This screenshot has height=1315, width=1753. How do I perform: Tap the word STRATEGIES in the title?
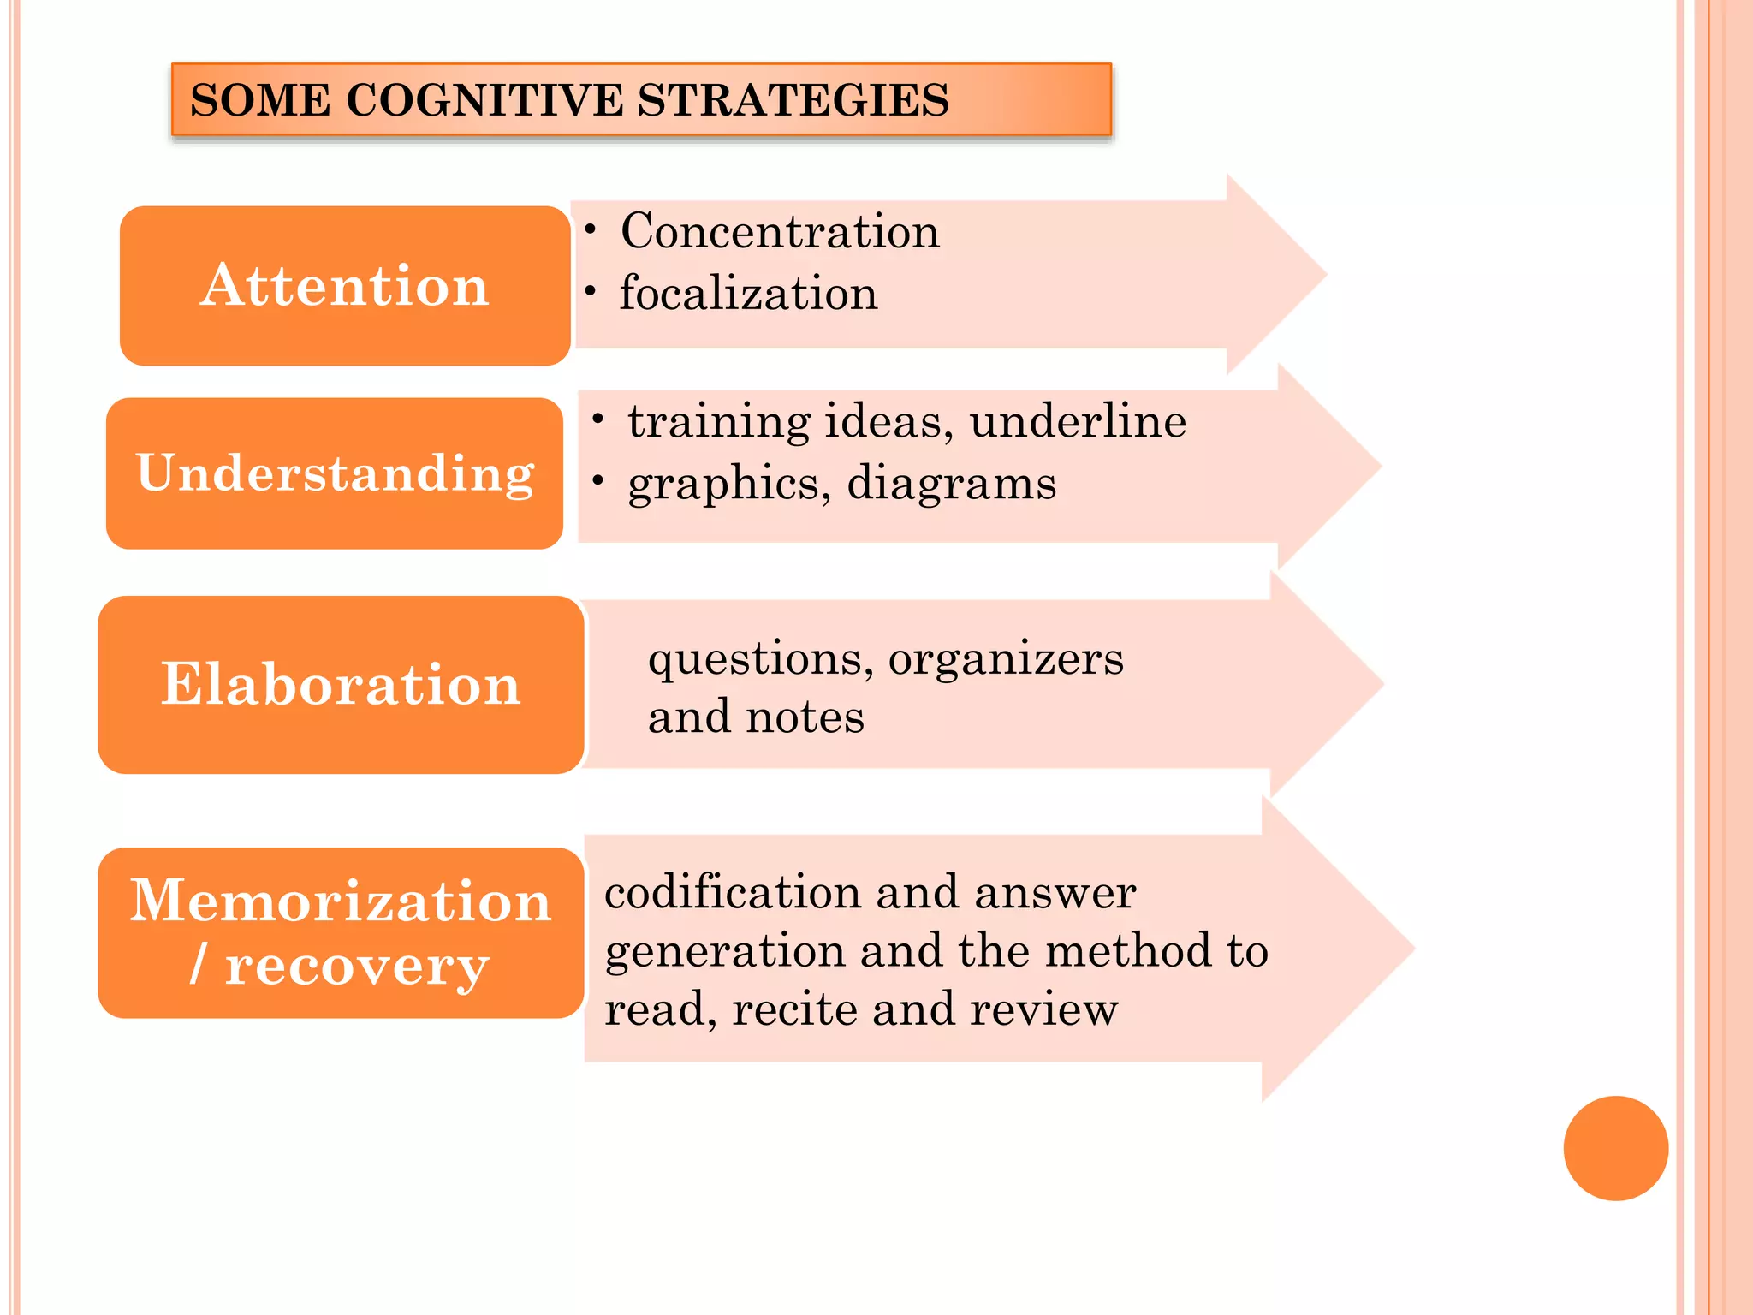793,100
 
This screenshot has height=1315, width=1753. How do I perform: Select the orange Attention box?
345,285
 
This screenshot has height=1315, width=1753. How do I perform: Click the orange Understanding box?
335,473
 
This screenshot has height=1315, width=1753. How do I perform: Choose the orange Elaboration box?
341,685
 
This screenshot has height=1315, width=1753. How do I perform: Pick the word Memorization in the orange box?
341,901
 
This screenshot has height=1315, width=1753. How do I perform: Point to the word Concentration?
780,231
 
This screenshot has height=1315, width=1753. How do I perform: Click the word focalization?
748,294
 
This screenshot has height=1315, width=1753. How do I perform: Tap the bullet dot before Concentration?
590,229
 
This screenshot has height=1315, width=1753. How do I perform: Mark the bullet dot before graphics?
597,480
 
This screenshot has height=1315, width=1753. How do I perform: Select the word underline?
1078,421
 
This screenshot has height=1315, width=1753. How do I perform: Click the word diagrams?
951,484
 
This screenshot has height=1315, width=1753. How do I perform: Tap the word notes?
805,717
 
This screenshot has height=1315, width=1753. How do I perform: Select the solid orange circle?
1615,1148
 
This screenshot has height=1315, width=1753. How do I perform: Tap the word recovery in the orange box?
356,967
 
